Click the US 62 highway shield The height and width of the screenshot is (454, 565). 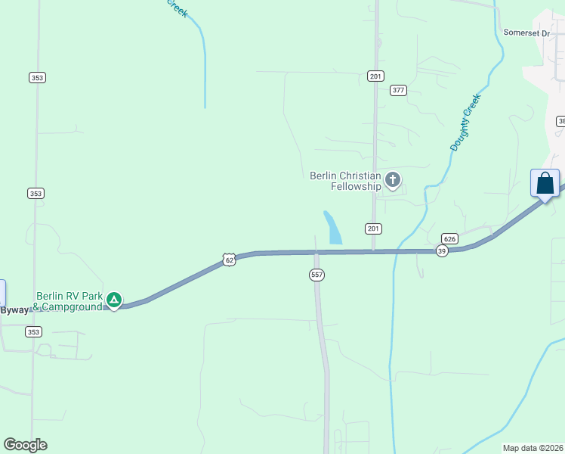pos(230,260)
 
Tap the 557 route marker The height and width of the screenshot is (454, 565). pos(316,275)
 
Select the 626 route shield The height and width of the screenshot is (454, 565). pos(449,238)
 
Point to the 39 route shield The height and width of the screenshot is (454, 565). pos(442,250)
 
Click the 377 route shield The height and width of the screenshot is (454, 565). pos(398,90)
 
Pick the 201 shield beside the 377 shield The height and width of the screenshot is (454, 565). pos(375,76)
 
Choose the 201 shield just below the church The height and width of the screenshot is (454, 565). pos(373,228)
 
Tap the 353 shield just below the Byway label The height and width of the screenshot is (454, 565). pos(33,331)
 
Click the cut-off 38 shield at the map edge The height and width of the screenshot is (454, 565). pos(560,121)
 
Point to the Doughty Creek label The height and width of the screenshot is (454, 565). pos(465,121)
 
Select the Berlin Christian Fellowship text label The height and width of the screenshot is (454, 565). pos(345,181)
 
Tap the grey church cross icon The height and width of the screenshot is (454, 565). pos(392,180)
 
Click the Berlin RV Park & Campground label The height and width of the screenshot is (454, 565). pos(69,302)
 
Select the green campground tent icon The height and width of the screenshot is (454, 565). pos(113,300)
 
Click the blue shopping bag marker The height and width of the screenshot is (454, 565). pos(545,183)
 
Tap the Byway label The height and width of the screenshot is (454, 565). pos(14,309)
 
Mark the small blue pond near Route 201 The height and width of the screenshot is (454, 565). pos(332,228)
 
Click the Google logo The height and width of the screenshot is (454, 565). pos(25,445)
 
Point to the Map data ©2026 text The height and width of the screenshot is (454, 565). pos(533,448)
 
